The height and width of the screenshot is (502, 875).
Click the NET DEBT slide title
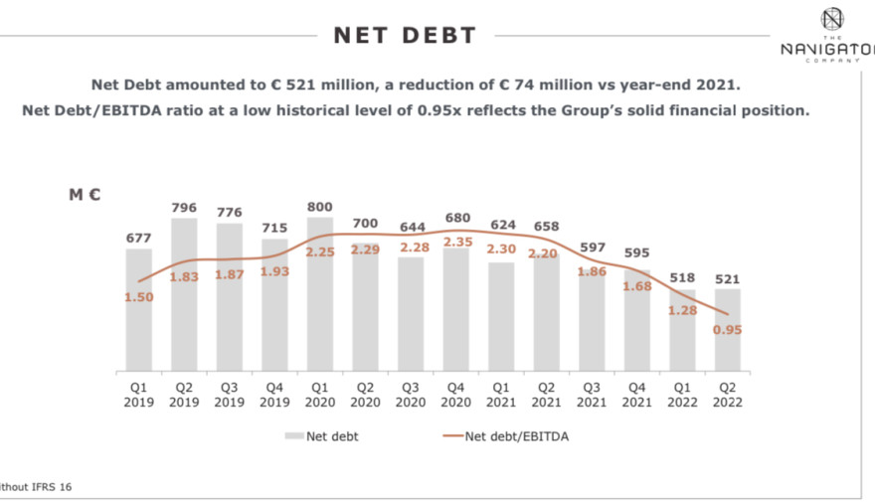pyautogui.click(x=405, y=36)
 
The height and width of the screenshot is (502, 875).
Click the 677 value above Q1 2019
pyautogui.click(x=139, y=237)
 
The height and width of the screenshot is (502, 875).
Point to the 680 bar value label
pyautogui.click(x=456, y=218)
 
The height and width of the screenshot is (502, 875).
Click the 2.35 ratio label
pyautogui.click(x=456, y=242)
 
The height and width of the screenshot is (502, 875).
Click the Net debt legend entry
pyautogui.click(x=323, y=434)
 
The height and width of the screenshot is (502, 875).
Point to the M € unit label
pyautogui.click(x=85, y=195)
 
